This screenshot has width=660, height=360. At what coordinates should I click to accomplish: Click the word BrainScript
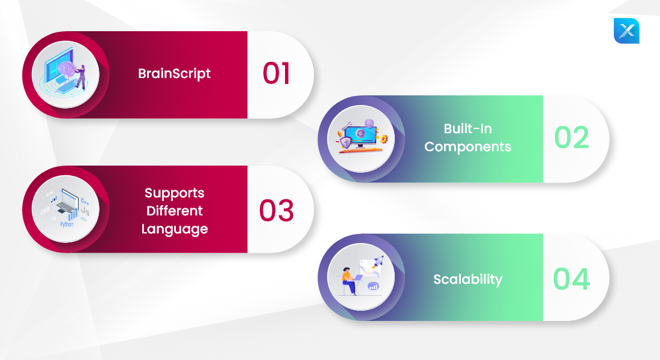pyautogui.click(x=174, y=74)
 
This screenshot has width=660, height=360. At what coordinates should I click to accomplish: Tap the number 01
pyautogui.click(x=276, y=74)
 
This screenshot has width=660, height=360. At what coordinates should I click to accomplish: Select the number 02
pyautogui.click(x=571, y=137)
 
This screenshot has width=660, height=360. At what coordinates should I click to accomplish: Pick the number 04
pyautogui.click(x=571, y=279)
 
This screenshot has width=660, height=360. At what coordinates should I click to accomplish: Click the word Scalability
pyautogui.click(x=467, y=279)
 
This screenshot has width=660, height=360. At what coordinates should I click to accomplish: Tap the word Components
pyautogui.click(x=467, y=147)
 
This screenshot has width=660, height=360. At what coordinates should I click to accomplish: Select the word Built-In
pyautogui.click(x=467, y=128)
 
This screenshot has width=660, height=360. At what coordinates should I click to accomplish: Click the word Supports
pyautogui.click(x=174, y=193)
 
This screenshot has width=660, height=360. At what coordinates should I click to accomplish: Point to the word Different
pyautogui.click(x=174, y=211)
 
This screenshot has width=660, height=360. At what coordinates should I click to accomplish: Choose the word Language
pyautogui.click(x=174, y=229)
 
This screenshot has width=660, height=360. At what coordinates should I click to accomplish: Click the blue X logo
pyautogui.click(x=626, y=31)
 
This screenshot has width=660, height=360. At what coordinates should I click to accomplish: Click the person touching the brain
pyautogui.click(x=80, y=77)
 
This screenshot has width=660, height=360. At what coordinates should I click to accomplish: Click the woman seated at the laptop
pyautogui.click(x=349, y=281)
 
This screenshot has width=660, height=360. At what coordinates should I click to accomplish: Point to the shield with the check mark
pyautogui.click(x=345, y=142)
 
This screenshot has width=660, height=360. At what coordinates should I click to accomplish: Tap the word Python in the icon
pyautogui.click(x=67, y=224)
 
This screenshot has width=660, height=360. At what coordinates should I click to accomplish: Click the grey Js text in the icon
pyautogui.click(x=85, y=211)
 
